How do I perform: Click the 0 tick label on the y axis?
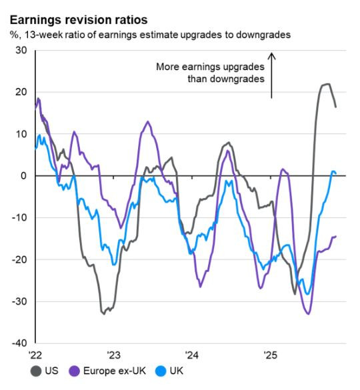pos(23,176)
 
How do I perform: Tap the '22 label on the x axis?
pos(35,354)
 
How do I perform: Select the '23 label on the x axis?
pos(113,354)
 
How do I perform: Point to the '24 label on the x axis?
pos(192,354)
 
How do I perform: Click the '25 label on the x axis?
pos(271,354)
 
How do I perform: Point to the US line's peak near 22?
pos(326,84)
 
